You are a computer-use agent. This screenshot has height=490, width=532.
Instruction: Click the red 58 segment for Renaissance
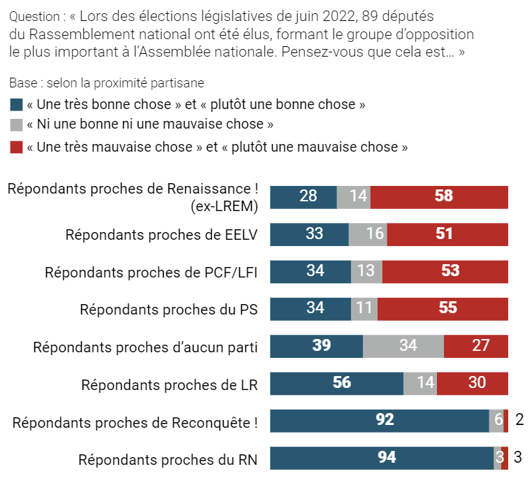pyautogui.click(x=439, y=196)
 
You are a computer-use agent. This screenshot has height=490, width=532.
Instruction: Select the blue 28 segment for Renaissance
pyautogui.click(x=303, y=196)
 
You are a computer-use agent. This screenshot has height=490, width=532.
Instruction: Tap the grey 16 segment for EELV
pyautogui.click(x=368, y=234)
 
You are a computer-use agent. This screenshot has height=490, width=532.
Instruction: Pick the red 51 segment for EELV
pyautogui.click(x=447, y=234)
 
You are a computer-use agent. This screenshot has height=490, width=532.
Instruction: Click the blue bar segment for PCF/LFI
pyautogui.click(x=310, y=271)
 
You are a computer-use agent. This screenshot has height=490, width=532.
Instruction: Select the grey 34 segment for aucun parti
pyautogui.click(x=403, y=346)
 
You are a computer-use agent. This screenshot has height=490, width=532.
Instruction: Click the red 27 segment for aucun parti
pyautogui.click(x=476, y=346)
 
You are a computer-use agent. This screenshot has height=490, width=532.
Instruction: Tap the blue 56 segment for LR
pyautogui.click(x=337, y=383)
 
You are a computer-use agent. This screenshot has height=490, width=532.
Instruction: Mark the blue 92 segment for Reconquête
pyautogui.click(x=380, y=421)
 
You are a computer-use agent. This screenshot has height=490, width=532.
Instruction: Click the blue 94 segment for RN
pyautogui.click(x=382, y=458)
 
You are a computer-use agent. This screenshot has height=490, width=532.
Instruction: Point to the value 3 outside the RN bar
pyautogui.click(x=518, y=458)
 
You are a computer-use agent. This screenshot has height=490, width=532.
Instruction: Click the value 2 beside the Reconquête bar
pyautogui.click(x=519, y=420)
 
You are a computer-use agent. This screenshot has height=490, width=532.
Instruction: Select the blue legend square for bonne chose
pyautogui.click(x=16, y=105)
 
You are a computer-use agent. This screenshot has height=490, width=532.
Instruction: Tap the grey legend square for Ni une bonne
pyautogui.click(x=16, y=126)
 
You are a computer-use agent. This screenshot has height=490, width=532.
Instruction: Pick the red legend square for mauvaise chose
pyautogui.click(x=16, y=147)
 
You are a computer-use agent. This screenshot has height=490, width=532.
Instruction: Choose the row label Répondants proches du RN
pyautogui.click(x=168, y=459)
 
